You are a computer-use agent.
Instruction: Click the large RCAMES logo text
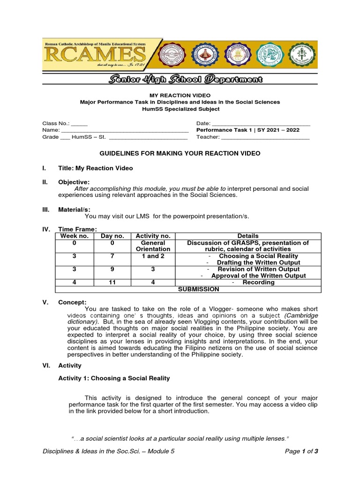coord(94,56)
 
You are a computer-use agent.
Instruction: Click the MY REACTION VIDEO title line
coord(180,95)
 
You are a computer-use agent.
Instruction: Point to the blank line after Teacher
coord(265,138)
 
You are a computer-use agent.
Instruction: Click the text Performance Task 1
coord(222,130)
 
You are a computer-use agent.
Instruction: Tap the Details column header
coord(248,236)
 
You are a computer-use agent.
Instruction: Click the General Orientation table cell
coord(153,246)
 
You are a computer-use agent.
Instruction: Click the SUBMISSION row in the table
coord(198,289)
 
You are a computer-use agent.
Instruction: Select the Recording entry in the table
coord(258,283)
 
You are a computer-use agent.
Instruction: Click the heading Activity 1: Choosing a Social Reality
coord(114,378)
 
